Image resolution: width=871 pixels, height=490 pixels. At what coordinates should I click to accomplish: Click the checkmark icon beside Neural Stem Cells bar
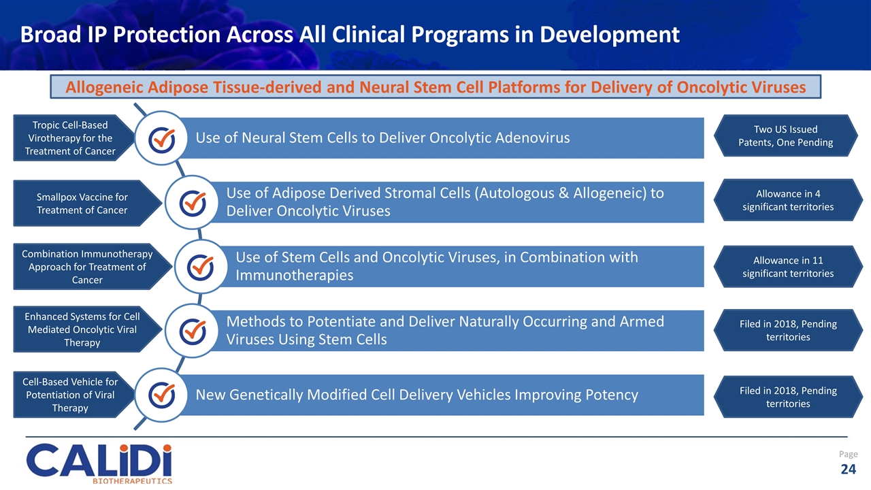(162, 138)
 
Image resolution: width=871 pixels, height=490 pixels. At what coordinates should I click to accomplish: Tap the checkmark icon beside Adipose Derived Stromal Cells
(193, 202)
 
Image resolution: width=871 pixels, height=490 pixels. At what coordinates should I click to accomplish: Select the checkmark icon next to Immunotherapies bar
(200, 266)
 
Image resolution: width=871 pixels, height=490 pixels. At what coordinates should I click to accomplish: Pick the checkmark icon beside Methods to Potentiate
(193, 330)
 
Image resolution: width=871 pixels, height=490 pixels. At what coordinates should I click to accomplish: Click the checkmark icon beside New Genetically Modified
(162, 394)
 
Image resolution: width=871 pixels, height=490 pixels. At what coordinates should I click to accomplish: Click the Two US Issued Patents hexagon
(787, 136)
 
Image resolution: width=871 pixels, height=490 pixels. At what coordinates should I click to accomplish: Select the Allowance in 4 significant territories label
(787, 200)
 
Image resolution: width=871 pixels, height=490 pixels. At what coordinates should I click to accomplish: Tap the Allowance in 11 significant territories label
(787, 266)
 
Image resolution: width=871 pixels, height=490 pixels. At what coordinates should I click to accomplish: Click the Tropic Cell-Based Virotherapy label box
(69, 138)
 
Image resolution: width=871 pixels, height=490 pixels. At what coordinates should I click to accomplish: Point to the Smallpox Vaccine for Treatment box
(82, 203)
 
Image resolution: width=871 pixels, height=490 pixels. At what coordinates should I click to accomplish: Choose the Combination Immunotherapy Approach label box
(87, 267)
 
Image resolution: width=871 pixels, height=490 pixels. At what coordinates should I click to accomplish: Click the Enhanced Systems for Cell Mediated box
(82, 329)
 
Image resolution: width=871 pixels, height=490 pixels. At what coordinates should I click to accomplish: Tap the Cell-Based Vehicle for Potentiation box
(69, 395)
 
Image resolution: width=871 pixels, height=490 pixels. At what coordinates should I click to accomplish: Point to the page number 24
(848, 469)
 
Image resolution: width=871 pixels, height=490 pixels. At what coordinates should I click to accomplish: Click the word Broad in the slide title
(46, 34)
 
